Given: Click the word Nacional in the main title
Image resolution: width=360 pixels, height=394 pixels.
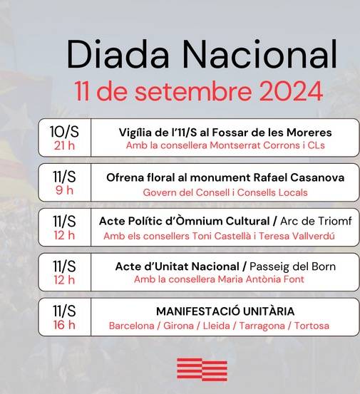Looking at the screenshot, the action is [259, 54].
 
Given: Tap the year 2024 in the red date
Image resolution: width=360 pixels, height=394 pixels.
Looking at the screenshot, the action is [291, 91].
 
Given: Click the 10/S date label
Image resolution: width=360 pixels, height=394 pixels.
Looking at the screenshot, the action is [64, 131].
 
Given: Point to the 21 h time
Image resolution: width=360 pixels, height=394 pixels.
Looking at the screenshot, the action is [64, 146].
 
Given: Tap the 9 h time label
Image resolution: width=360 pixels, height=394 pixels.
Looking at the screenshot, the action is [64, 190].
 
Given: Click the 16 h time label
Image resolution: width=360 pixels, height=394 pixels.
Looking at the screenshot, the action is [64, 325].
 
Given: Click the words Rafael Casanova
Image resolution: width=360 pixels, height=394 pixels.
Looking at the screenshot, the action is [299, 177].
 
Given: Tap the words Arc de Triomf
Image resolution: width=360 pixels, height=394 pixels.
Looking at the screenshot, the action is [316, 221].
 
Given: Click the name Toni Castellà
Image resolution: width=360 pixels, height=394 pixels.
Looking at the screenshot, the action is [222, 237].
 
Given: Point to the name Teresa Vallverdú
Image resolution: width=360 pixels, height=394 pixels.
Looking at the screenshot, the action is [297, 237].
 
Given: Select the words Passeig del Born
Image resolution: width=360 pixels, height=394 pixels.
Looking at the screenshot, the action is [292, 267].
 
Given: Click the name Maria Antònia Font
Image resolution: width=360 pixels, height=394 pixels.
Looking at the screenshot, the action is [261, 279].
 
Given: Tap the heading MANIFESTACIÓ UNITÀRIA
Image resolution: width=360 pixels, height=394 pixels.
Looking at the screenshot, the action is [225, 311].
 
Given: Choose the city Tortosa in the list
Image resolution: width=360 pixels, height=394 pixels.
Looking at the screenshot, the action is [312, 326].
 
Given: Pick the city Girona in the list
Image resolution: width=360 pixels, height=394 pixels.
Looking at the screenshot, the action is [178, 326].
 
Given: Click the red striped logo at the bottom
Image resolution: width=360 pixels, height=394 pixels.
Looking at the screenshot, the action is [202, 370].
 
